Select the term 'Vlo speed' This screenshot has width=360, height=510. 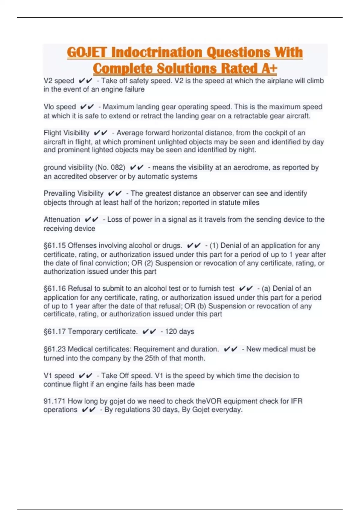[60, 107]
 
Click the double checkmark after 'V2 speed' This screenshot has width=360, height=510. [85, 81]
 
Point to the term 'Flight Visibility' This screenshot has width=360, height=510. [67, 133]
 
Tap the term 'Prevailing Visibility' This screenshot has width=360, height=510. [73, 193]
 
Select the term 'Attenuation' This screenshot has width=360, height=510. [62, 220]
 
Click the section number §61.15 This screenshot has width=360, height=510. [55, 246]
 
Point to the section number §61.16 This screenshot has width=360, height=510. [55, 289]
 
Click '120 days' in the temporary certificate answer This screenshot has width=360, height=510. [179, 331]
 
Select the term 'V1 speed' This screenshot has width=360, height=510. [59, 376]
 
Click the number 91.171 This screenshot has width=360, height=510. [55, 401]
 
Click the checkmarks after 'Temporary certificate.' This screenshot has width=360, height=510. [149, 331]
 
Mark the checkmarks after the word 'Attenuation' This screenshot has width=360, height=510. [91, 220]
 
